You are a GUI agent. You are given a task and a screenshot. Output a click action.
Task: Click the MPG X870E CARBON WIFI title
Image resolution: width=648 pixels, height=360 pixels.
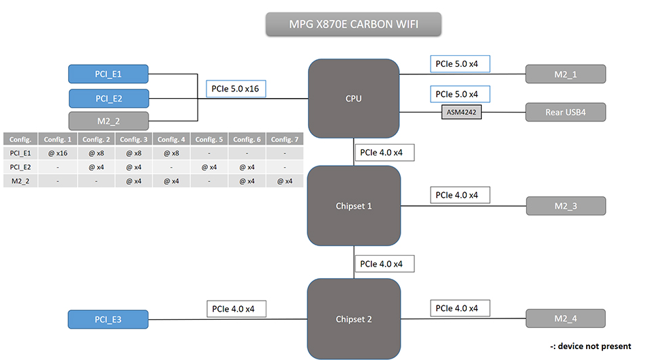click(x=353, y=25)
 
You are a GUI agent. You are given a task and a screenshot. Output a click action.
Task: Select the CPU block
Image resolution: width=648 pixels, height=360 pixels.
click(x=354, y=99)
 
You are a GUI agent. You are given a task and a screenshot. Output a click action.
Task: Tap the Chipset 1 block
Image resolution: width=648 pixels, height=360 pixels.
click(x=354, y=206)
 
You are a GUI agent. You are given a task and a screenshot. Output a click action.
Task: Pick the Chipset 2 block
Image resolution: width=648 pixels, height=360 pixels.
click(x=354, y=319)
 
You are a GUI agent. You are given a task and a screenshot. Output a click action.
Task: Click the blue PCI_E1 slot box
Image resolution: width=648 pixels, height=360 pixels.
click(x=108, y=74)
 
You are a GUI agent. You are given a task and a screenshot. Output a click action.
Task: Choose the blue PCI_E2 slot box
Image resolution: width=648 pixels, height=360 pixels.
click(x=108, y=98)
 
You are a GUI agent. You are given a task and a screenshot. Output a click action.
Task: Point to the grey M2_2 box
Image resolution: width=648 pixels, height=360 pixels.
click(x=108, y=121)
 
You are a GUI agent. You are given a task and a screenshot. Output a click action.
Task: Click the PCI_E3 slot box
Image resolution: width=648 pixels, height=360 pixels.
click(x=108, y=319)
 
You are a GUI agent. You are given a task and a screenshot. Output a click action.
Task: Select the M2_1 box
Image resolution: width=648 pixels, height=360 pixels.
click(x=565, y=74)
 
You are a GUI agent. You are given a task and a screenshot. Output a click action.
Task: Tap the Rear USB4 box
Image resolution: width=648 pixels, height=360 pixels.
click(x=565, y=112)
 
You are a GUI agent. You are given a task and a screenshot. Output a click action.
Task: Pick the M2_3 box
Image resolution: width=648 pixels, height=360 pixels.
click(x=565, y=205)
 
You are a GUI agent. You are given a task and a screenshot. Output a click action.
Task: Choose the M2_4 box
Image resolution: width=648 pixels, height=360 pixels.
click(x=565, y=318)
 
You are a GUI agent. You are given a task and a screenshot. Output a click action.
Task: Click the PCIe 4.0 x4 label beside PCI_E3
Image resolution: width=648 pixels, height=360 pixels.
click(x=236, y=309)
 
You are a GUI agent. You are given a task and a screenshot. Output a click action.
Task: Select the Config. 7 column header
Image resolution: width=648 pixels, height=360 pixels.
click(x=285, y=139)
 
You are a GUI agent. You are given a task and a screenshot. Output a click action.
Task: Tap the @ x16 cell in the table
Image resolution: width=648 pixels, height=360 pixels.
click(x=59, y=153)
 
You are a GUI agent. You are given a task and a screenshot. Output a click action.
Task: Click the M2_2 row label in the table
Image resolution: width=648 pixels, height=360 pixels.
click(x=20, y=181)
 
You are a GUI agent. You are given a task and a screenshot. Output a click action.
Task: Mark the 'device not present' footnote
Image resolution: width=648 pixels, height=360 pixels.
click(x=590, y=346)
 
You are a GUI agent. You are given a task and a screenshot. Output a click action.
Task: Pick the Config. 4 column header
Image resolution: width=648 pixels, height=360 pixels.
click(x=171, y=139)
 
